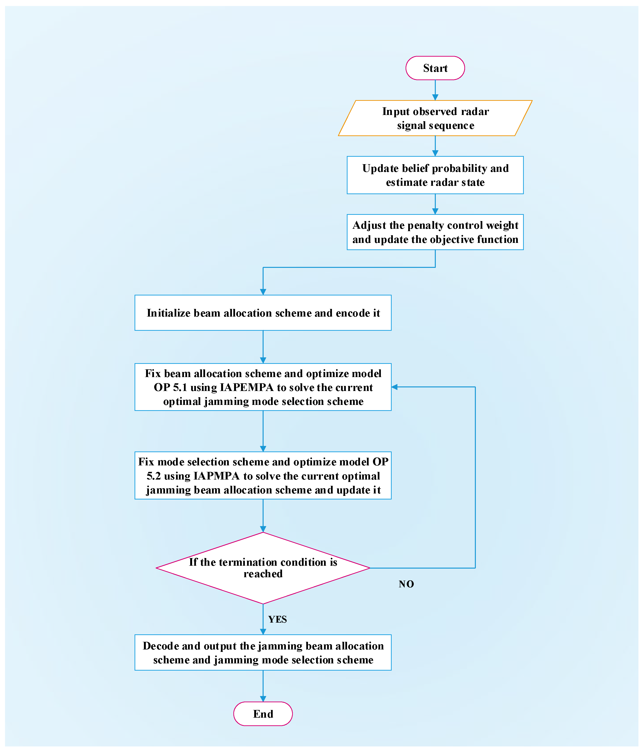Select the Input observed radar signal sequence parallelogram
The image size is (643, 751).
(x=435, y=118)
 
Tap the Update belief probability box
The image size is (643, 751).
(x=435, y=175)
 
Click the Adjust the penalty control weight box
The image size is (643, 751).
(x=435, y=232)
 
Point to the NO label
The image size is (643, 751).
(x=406, y=584)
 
